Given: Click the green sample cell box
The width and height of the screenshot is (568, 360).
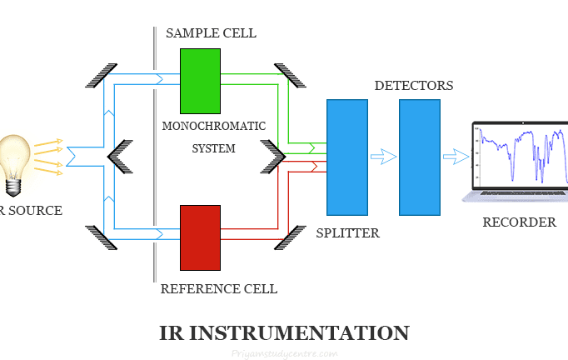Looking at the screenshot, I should click(200, 81).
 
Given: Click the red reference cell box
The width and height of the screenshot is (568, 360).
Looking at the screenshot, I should click(200, 237).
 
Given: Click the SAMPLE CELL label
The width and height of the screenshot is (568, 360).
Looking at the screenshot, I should click(211, 33).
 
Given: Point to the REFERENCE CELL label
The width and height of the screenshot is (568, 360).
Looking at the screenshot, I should click(218, 289).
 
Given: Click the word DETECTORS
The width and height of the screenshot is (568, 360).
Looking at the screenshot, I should click(413, 86).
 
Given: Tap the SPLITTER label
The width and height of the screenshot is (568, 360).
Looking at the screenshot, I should click(347, 233).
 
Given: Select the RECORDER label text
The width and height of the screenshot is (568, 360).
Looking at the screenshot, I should click(519, 222).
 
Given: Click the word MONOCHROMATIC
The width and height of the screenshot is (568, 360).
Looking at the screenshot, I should click(214, 126).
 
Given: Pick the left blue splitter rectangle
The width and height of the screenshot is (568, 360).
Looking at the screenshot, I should click(346, 158).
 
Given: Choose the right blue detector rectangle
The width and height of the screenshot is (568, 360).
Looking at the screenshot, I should click(419, 158).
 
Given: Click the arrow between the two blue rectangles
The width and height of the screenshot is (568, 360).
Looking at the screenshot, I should click(383, 157).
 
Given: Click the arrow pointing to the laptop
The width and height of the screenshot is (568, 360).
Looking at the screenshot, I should click(456, 157).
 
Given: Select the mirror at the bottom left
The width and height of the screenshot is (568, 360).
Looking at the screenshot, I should click(100, 238).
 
